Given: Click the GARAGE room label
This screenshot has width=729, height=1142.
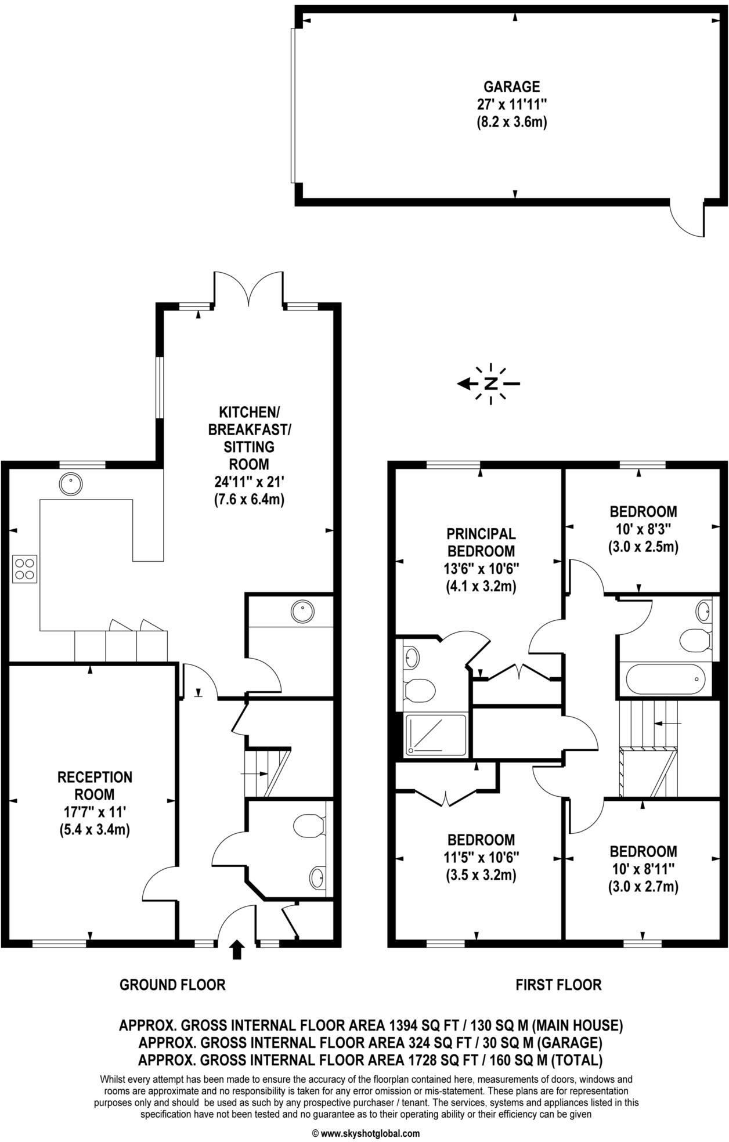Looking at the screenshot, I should click(511, 87).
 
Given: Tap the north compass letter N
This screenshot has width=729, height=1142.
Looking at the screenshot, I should click(491, 384).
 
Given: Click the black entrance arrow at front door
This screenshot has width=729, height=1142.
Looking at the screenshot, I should click(237, 950).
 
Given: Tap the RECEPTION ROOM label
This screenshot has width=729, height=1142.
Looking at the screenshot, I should click(95, 785).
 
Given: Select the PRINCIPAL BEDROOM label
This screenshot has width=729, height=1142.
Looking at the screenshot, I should click(481, 542).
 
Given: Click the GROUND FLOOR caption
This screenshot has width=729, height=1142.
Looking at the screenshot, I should click(172, 984).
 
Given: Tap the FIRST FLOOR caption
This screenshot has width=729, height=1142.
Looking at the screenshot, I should click(558, 984).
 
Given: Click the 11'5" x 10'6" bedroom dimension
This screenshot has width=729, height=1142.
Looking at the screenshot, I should click(481, 856).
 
